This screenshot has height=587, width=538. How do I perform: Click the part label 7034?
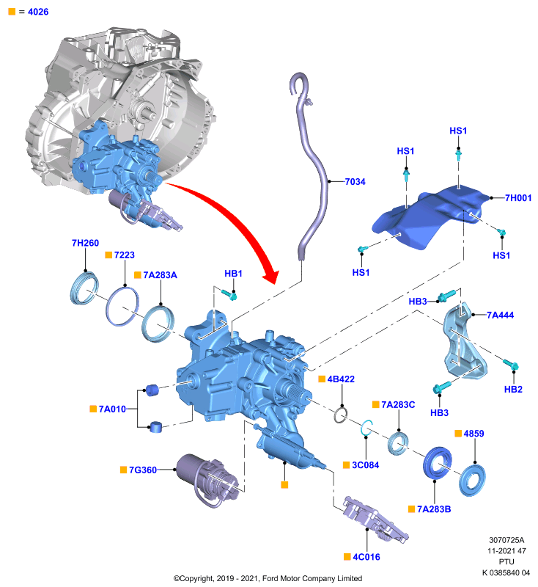(x=355, y=181)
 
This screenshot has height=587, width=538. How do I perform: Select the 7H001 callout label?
(x=518, y=197)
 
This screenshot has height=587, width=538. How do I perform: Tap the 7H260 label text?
(x=85, y=243)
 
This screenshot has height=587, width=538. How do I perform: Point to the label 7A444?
(x=500, y=316)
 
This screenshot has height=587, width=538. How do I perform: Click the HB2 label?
(x=513, y=390)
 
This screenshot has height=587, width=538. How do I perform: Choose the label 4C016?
(x=366, y=557)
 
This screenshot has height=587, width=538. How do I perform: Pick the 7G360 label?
(x=143, y=470)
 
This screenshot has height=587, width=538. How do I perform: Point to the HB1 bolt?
(x=229, y=295)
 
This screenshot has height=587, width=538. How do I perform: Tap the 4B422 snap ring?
(x=340, y=415)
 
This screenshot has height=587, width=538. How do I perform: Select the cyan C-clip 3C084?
(x=366, y=428)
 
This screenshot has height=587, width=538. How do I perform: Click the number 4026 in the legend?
(x=38, y=12)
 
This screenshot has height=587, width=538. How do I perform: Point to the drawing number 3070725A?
(x=506, y=540)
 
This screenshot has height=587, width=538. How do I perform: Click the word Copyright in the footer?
(x=197, y=579)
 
